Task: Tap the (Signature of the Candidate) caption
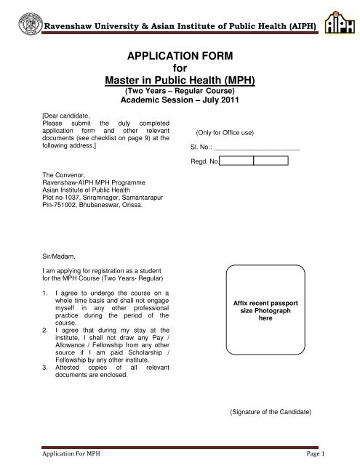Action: [x=270, y=412]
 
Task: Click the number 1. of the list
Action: [x=47, y=291]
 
